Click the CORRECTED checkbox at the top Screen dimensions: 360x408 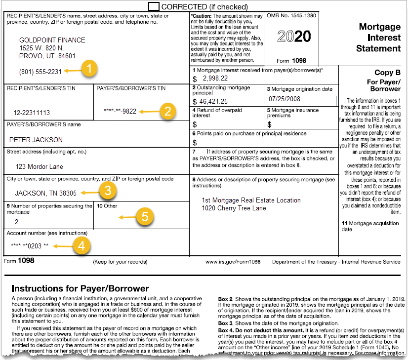point(154,6)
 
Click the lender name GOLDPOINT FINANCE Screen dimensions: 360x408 point(52,40)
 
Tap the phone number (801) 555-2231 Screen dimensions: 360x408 point(41,72)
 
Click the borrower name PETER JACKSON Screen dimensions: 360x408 point(36,140)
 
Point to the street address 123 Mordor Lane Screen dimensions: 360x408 point(37,166)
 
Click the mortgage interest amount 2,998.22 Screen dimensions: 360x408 point(213,79)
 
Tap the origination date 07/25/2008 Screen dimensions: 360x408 point(285,99)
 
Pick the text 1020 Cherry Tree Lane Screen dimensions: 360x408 point(234,208)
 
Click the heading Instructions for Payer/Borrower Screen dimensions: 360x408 point(80,288)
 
